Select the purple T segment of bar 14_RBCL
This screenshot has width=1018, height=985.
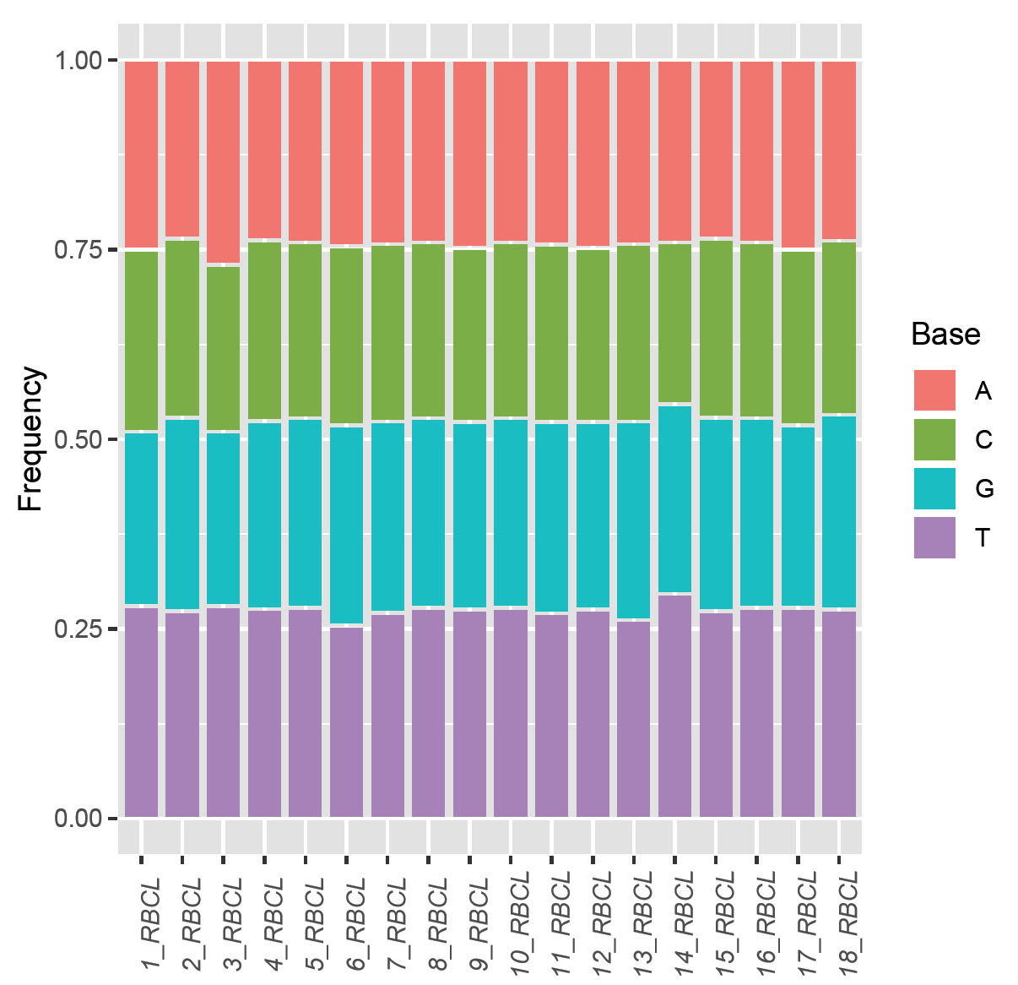[674, 705]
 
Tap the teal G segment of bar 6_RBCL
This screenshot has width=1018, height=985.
[346, 525]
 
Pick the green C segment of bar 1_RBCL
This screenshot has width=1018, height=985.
[141, 340]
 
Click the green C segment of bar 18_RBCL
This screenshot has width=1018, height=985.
[839, 328]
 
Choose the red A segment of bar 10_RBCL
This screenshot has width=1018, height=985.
[511, 151]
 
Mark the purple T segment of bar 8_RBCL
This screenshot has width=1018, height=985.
[428, 712]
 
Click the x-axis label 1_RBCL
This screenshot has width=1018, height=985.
[150, 925]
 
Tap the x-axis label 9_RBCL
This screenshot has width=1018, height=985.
[479, 925]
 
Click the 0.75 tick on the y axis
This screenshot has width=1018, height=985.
[78, 250]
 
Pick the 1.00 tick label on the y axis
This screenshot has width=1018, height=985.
[78, 61]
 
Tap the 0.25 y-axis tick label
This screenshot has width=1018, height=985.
[78, 629]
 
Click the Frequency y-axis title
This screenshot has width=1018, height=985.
[30, 438]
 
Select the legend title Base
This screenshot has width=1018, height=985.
[945, 335]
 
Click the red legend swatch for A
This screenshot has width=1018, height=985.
[934, 390]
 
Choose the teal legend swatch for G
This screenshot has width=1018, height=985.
[934, 488]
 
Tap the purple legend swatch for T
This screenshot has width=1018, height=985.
[934, 537]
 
